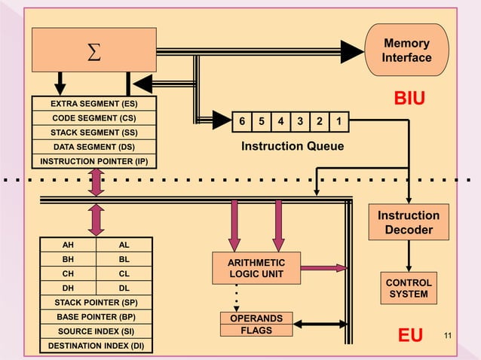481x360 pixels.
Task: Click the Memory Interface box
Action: click(x=406, y=50)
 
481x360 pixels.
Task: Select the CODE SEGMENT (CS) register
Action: click(x=93, y=118)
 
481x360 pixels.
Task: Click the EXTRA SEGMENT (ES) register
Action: click(x=93, y=104)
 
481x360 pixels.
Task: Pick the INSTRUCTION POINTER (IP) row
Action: click(x=93, y=161)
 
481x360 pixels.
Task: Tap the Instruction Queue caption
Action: click(x=292, y=146)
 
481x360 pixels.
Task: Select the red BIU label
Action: click(x=409, y=99)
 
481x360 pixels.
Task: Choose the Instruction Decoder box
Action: click(x=409, y=222)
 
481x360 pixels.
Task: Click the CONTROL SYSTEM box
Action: click(x=409, y=288)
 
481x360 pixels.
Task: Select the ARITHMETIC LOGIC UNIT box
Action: click(x=257, y=267)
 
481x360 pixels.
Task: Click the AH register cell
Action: click(x=68, y=245)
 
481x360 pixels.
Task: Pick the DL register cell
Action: click(x=124, y=288)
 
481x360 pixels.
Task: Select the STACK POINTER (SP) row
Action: click(x=95, y=302)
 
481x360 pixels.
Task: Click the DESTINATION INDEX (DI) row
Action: click(x=95, y=346)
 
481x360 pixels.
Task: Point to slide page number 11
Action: click(x=449, y=334)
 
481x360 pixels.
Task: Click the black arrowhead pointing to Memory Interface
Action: click(x=351, y=51)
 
